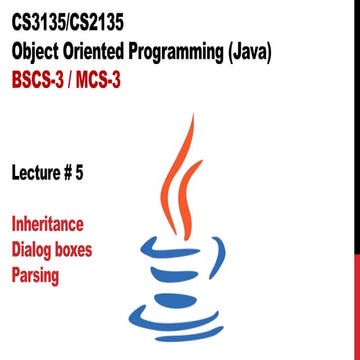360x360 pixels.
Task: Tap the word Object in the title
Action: click(x=39, y=50)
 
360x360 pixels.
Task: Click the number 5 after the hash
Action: click(x=109, y=172)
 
